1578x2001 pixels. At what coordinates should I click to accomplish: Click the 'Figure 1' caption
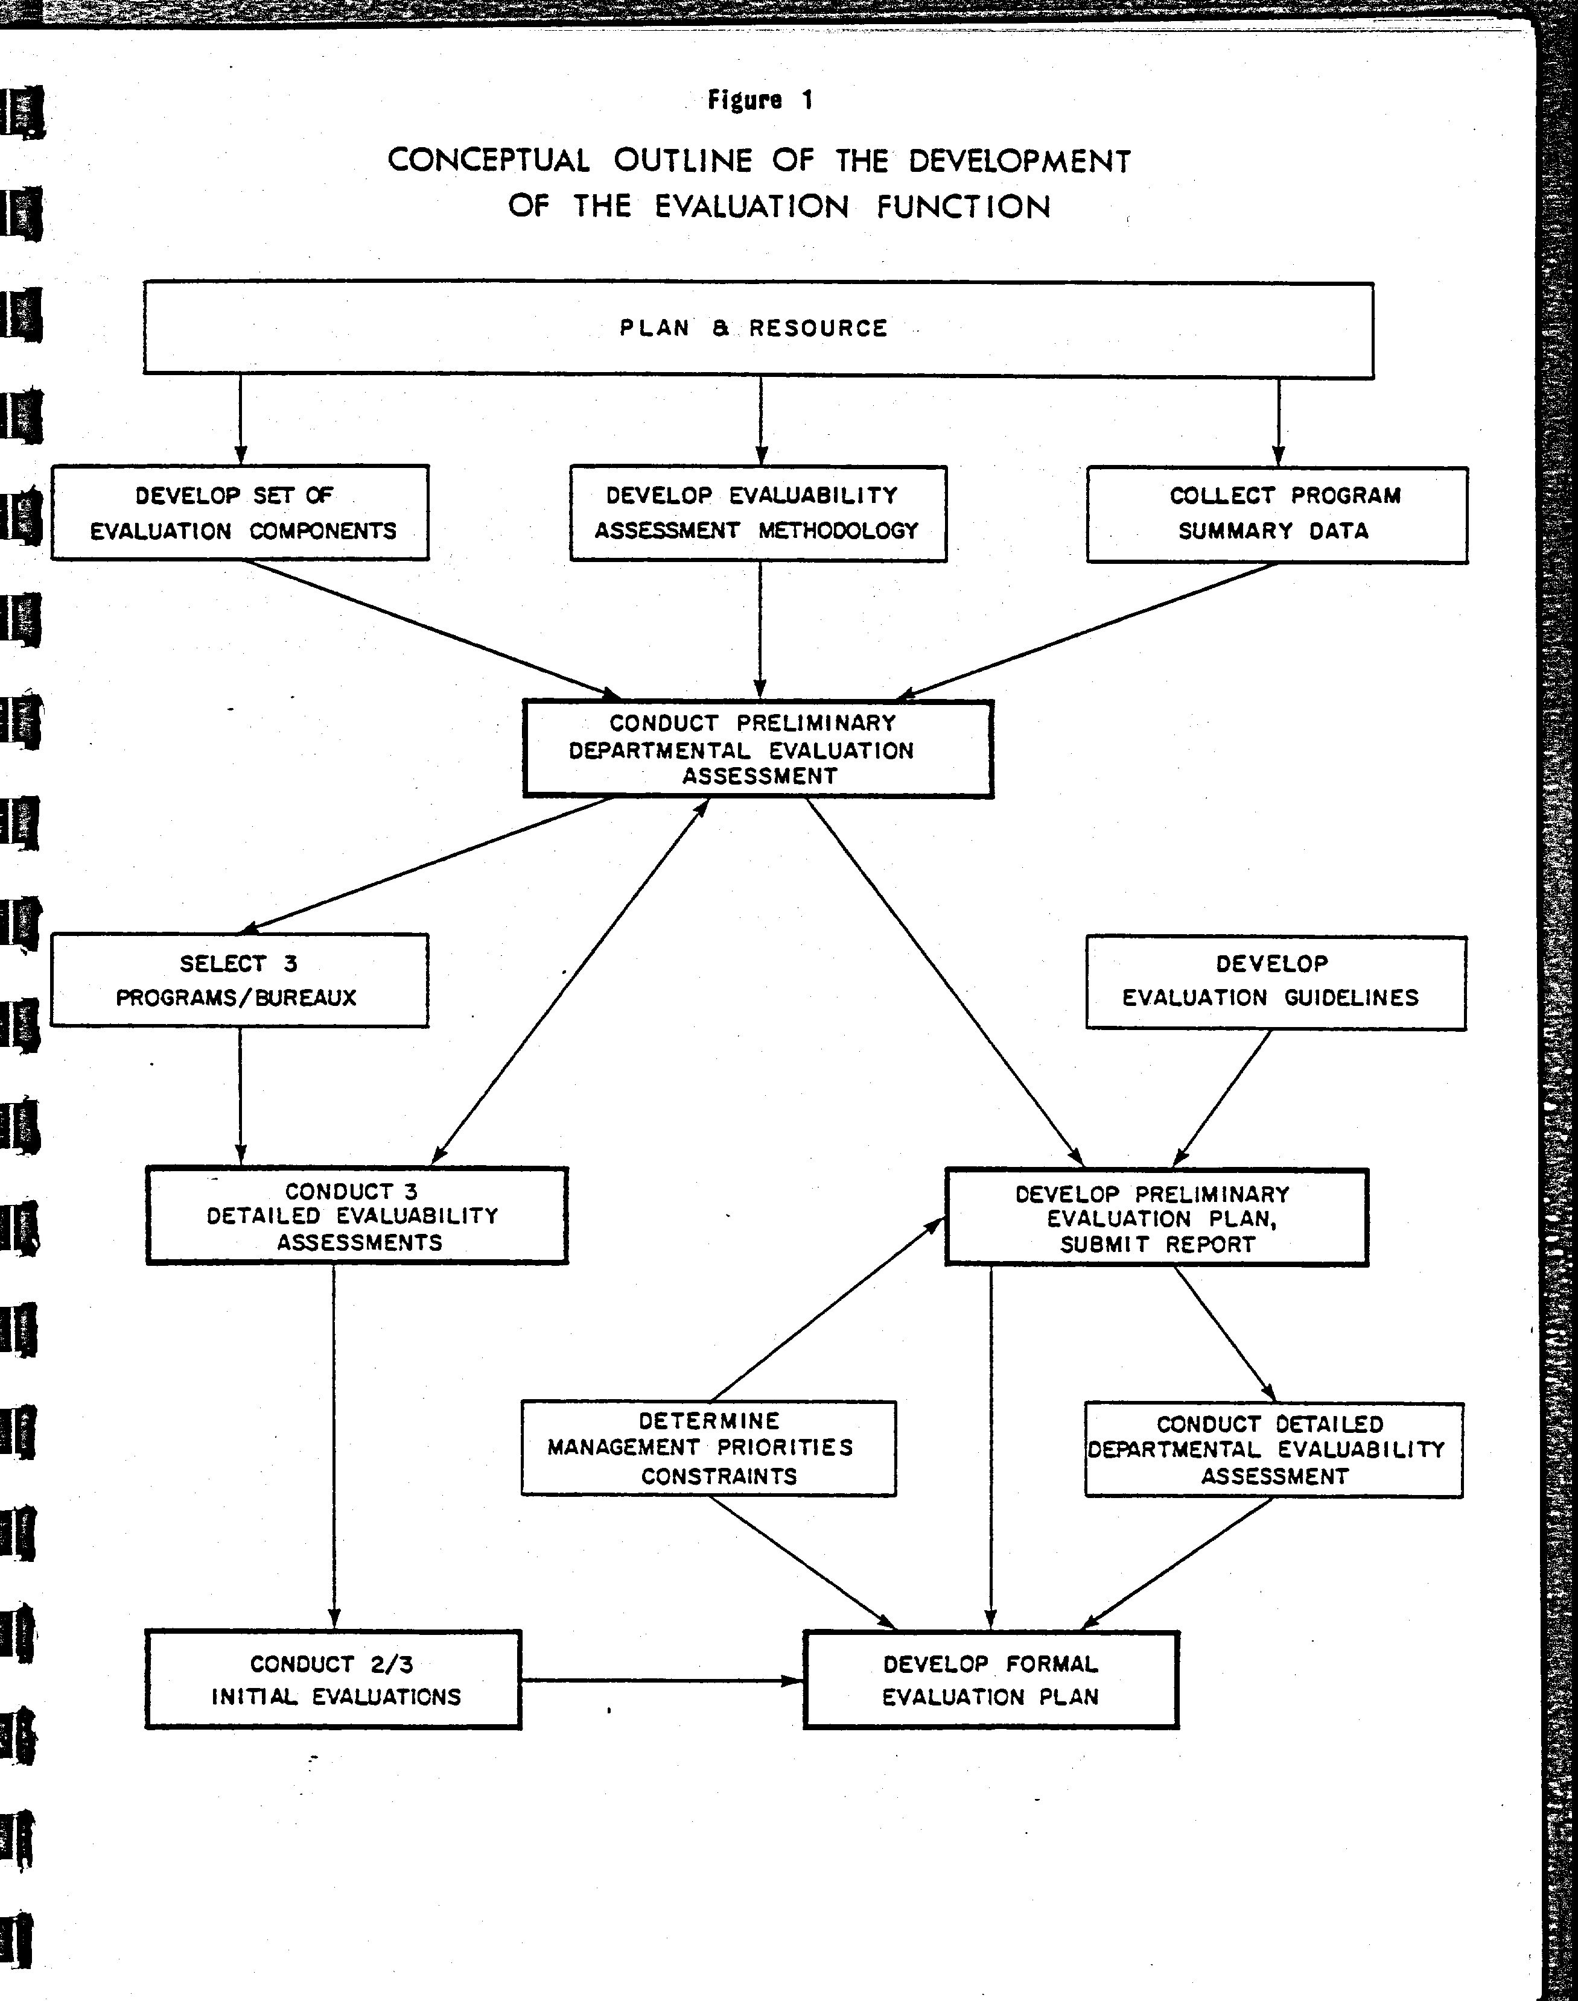[x=760, y=100]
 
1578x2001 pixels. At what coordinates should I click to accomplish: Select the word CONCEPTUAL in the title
[x=489, y=160]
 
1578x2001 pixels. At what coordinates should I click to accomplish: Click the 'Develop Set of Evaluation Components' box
[x=240, y=513]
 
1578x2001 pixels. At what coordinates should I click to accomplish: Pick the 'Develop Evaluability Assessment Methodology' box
[x=759, y=513]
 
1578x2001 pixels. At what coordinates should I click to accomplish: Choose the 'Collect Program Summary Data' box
[x=1277, y=514]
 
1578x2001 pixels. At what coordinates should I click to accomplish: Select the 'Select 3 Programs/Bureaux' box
[x=240, y=980]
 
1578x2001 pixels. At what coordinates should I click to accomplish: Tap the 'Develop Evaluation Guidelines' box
[x=1276, y=982]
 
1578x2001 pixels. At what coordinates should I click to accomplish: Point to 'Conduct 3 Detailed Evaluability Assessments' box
[x=357, y=1215]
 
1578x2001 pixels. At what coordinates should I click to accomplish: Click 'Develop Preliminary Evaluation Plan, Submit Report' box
[x=1157, y=1217]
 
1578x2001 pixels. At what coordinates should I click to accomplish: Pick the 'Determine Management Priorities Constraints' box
[x=708, y=1448]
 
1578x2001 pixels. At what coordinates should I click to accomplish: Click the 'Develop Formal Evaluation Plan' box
[x=991, y=1681]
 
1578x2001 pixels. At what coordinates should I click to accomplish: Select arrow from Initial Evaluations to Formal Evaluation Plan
[x=663, y=1681]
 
